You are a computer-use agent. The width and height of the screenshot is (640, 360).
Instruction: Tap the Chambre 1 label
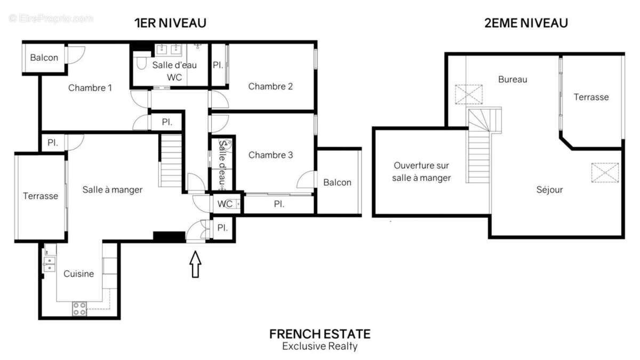(x=90, y=88)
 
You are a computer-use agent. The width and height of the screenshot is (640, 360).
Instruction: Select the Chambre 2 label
(x=270, y=86)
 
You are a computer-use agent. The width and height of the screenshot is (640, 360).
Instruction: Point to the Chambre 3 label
(x=270, y=155)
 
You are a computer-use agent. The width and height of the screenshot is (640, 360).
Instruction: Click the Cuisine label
(x=78, y=274)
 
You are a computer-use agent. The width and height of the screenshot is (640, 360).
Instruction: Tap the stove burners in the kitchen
(x=79, y=308)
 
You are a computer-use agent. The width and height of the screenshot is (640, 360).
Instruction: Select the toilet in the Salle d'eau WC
(x=141, y=64)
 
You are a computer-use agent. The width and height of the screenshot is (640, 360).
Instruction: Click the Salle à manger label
(x=112, y=189)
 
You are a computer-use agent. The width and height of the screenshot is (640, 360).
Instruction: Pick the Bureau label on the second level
(x=513, y=79)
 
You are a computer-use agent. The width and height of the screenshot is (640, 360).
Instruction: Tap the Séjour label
(x=549, y=189)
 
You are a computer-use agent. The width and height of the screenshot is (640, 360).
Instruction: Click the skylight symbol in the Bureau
(x=469, y=95)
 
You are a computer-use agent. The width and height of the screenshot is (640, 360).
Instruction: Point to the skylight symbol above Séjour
(x=605, y=172)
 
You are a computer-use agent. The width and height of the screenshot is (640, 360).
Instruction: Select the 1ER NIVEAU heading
(x=170, y=23)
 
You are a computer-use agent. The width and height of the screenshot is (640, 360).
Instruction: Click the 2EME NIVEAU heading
(x=526, y=23)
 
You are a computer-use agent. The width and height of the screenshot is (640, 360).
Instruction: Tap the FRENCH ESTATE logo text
(x=319, y=334)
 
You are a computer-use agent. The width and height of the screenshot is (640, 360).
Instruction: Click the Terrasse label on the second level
(x=591, y=97)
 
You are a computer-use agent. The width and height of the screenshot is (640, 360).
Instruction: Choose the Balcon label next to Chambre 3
(x=337, y=182)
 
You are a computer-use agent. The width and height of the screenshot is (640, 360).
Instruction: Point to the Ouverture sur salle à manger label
(x=421, y=172)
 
